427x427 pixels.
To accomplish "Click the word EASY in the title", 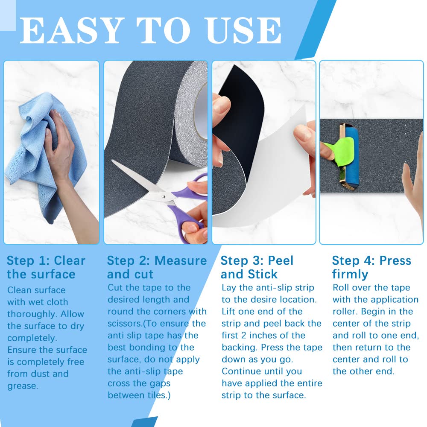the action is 70,30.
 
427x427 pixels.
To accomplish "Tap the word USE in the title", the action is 244,30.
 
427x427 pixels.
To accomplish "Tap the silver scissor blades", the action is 139,182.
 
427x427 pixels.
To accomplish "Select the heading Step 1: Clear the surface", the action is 46,267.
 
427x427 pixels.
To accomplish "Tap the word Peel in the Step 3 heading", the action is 281,260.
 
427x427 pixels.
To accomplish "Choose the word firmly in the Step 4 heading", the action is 350,274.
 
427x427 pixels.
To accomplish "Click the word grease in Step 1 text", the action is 23,386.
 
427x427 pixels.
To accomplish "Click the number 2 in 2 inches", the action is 244,336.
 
